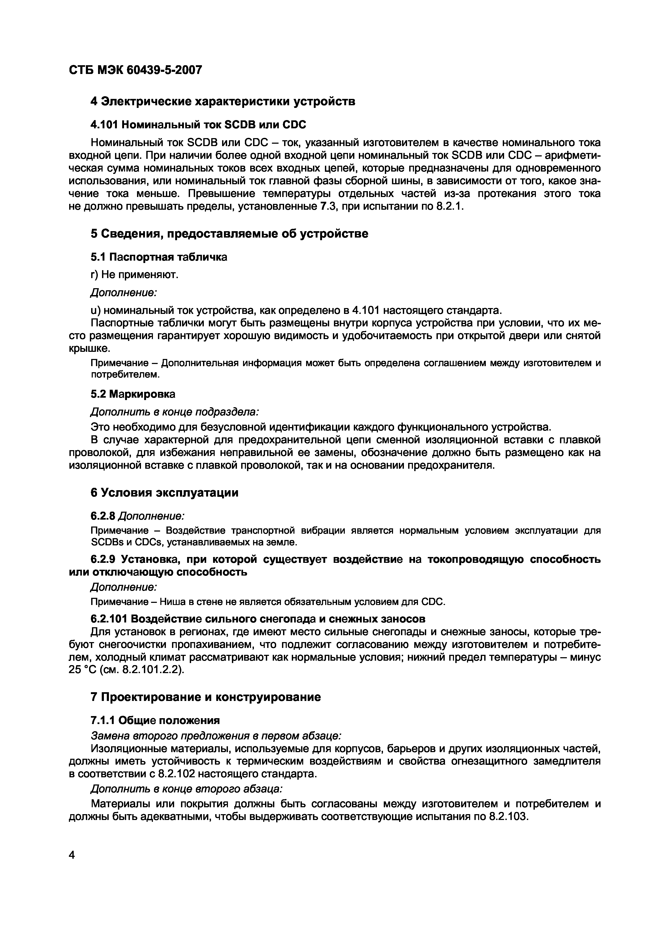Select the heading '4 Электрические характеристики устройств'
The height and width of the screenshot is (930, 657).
point(223,101)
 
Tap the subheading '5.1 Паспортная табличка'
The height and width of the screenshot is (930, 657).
point(159,257)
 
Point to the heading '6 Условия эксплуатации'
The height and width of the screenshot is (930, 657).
point(164,493)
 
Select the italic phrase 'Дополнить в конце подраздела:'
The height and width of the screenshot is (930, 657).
point(174,411)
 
